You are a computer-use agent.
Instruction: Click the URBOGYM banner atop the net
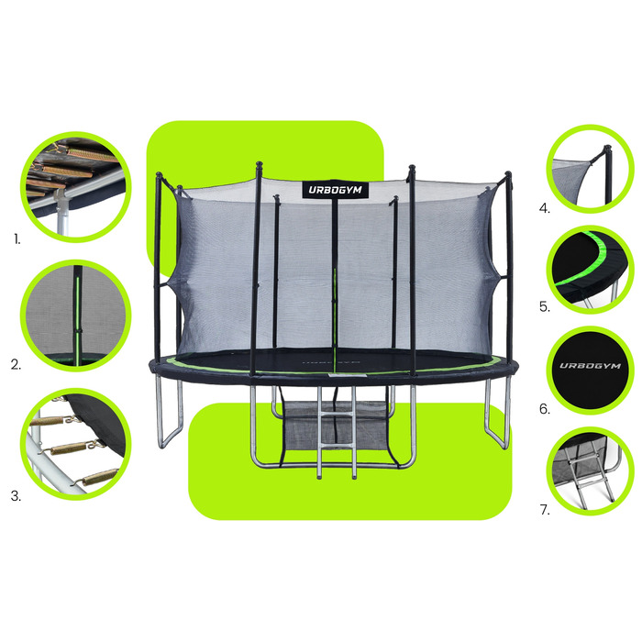click(336, 190)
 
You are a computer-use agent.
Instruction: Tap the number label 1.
click(17, 239)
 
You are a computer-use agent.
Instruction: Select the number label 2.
click(16, 364)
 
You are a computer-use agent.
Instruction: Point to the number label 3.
click(16, 496)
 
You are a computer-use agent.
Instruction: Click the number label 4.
click(545, 208)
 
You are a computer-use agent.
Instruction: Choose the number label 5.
click(545, 306)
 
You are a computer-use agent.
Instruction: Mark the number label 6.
click(545, 409)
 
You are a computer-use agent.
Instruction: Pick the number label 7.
click(545, 510)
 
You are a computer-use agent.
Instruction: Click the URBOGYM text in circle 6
click(590, 366)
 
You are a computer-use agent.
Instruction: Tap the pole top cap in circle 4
click(607, 149)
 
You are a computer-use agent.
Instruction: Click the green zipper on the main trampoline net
click(335, 315)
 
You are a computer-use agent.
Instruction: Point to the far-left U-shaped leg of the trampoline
click(170, 414)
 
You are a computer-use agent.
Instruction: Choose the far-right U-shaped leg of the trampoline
click(498, 413)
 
